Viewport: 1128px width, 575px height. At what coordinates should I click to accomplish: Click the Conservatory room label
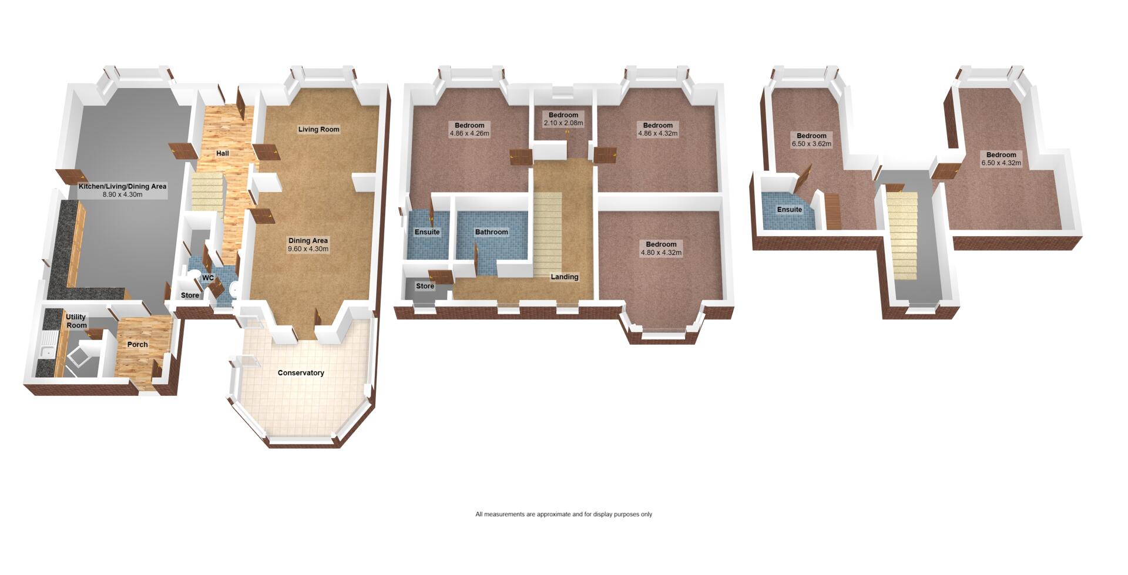pyautogui.click(x=301, y=373)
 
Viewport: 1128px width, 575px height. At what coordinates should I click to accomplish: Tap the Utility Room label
pyautogui.click(x=76, y=321)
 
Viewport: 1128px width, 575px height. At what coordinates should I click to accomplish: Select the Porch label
pyautogui.click(x=137, y=345)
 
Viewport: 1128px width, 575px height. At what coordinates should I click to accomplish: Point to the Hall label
pyautogui.click(x=222, y=153)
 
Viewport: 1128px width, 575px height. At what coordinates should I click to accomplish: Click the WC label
pyautogui.click(x=208, y=278)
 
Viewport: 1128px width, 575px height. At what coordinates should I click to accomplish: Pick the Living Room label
pyautogui.click(x=318, y=129)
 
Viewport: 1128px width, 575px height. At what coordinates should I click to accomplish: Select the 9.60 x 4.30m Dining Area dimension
pyautogui.click(x=308, y=249)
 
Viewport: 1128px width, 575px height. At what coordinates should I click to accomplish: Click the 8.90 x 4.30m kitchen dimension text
pyautogui.click(x=122, y=194)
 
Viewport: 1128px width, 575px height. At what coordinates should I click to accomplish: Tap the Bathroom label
pyautogui.click(x=492, y=232)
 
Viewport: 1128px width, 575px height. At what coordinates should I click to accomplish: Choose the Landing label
pyautogui.click(x=565, y=277)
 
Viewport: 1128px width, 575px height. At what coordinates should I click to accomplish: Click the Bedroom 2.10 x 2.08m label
pyautogui.click(x=563, y=119)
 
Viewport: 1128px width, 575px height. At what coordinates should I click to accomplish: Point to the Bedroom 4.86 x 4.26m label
pyautogui.click(x=469, y=129)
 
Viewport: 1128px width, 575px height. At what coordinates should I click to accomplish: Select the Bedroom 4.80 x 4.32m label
pyautogui.click(x=662, y=248)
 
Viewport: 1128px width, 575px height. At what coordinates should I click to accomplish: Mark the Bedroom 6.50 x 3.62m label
pyautogui.click(x=811, y=140)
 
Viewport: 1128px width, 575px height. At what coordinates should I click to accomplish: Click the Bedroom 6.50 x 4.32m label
pyautogui.click(x=1001, y=159)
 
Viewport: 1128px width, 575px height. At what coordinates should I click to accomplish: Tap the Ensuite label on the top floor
pyautogui.click(x=790, y=210)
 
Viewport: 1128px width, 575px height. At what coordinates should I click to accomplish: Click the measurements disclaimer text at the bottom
pyautogui.click(x=564, y=515)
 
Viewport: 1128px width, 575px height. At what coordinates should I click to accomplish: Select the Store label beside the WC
pyautogui.click(x=190, y=295)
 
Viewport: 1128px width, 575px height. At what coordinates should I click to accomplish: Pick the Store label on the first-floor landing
pyautogui.click(x=425, y=287)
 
